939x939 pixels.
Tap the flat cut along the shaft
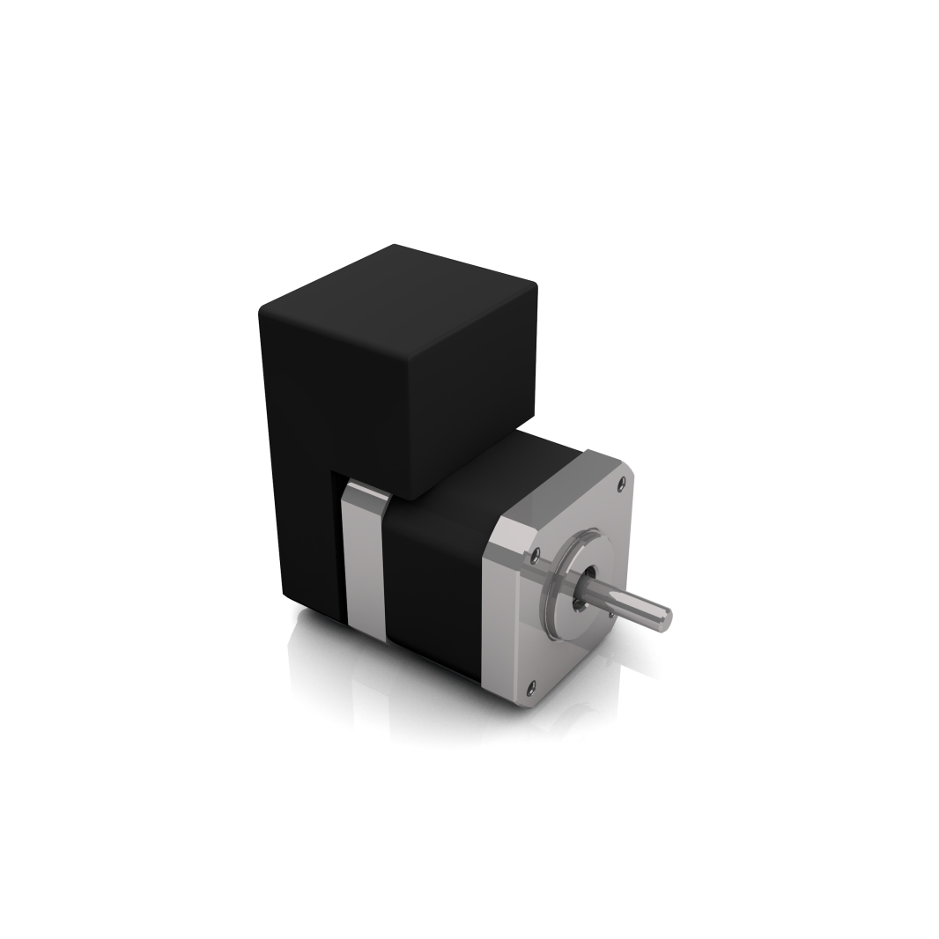point(634,605)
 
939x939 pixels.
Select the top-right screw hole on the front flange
point(623,481)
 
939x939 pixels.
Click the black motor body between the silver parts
point(436,581)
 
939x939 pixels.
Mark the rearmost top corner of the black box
point(394,246)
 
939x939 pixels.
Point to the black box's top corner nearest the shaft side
point(533,285)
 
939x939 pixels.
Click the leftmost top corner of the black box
point(262,310)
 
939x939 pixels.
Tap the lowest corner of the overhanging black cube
point(407,499)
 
